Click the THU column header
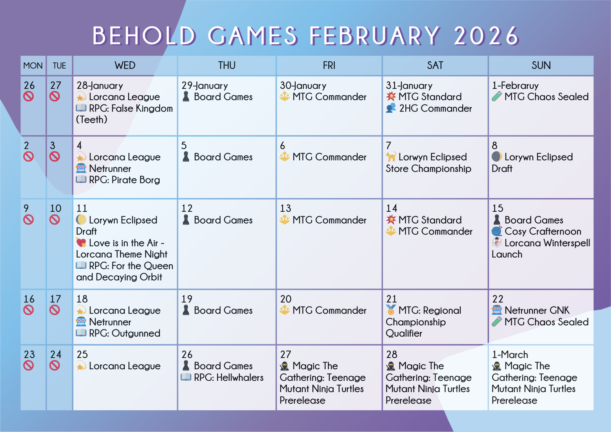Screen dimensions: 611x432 226,66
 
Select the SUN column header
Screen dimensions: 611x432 541,66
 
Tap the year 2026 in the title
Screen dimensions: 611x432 486,35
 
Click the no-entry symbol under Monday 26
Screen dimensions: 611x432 29,96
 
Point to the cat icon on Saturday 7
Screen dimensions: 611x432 391,157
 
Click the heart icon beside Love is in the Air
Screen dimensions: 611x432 81,242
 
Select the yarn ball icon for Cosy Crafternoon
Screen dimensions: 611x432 497,231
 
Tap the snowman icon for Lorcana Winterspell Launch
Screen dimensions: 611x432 497,242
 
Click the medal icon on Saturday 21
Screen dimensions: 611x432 391,310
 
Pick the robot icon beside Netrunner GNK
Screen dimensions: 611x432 497,310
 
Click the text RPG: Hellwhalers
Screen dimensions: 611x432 229,377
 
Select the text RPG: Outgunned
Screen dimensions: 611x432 125,333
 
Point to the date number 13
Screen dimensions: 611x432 286,208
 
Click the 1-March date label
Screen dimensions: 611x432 510,355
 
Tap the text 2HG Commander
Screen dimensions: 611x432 435,109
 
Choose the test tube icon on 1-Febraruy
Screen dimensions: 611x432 497,96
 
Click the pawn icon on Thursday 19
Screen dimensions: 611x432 186,310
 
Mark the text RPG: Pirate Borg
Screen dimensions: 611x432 124,180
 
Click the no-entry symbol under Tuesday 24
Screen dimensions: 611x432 55,366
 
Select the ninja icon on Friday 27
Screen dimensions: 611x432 284,366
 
